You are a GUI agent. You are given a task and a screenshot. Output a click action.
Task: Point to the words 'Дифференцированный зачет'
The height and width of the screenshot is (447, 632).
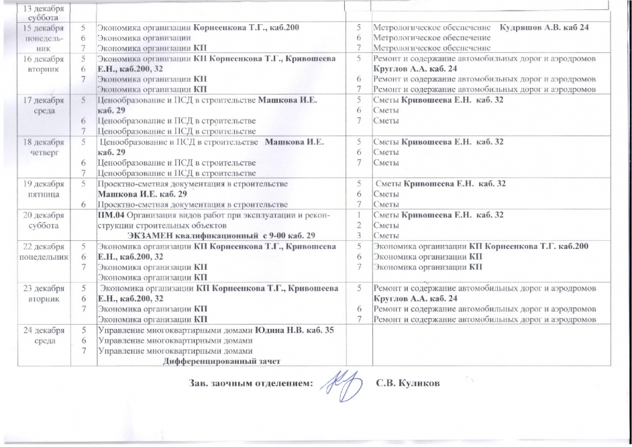[x=221, y=361]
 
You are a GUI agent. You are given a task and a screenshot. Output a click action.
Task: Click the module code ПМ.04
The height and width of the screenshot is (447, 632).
[x=109, y=215]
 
